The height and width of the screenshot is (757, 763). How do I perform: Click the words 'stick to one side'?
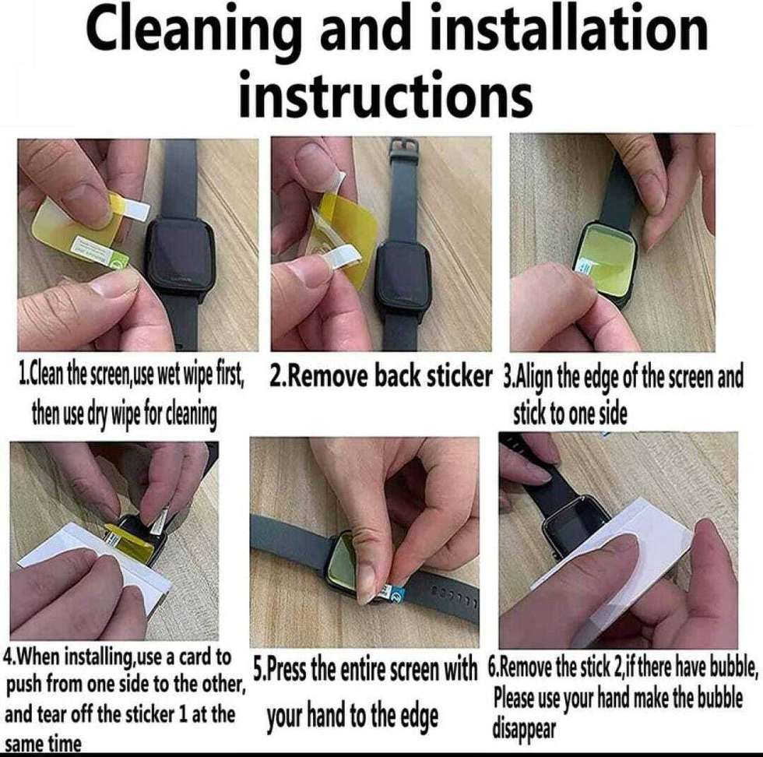pyautogui.click(x=569, y=415)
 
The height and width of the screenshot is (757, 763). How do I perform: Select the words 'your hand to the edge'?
pyautogui.click(x=353, y=715)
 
